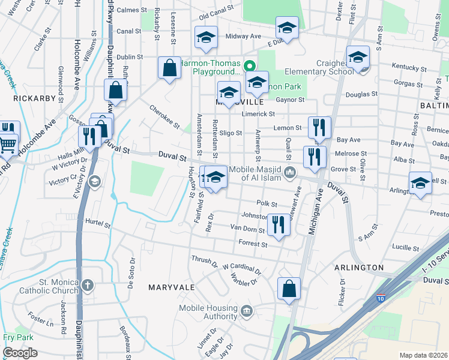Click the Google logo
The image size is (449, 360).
pyautogui.click(x=20, y=353)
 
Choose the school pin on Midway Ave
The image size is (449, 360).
pyautogui.click(x=287, y=28)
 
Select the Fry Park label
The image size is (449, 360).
pyautogui.click(x=17, y=337)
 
